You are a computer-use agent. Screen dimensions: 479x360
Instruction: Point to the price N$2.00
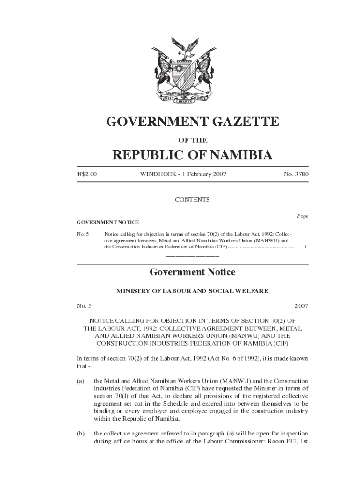click(87, 174)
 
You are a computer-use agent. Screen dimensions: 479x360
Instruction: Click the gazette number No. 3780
click(296, 174)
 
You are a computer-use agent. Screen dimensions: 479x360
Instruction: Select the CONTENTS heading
click(192, 200)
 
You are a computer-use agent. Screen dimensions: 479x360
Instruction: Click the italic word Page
click(302, 216)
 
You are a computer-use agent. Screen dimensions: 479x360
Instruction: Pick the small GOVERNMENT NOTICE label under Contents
click(108, 222)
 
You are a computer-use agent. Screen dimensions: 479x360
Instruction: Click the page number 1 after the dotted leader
click(305, 246)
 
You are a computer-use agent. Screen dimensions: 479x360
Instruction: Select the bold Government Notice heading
click(192, 272)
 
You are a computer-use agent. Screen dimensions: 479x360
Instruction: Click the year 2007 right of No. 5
click(301, 306)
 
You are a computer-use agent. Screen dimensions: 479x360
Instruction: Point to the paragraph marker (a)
click(80, 381)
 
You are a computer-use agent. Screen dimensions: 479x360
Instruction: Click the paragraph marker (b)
click(80, 434)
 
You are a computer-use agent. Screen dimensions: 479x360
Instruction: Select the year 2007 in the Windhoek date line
click(219, 174)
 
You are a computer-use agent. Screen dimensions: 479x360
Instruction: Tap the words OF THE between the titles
click(192, 140)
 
